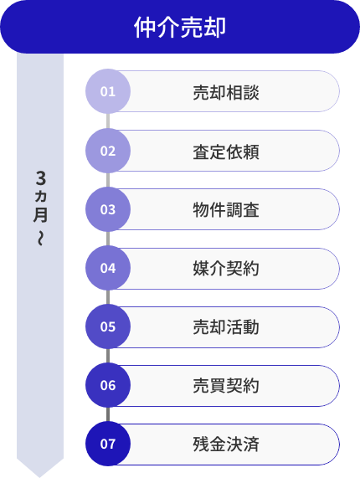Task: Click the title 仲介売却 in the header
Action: [180, 28]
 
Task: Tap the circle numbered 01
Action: [108, 92]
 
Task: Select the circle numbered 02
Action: [108, 151]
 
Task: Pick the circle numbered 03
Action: [108, 209]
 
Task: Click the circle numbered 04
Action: [108, 268]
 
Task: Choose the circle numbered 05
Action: [108, 326]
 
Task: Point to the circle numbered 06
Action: [108, 385]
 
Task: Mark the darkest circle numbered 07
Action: [108, 444]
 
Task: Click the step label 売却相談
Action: [225, 92]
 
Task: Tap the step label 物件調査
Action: [225, 209]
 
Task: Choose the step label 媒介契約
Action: [225, 268]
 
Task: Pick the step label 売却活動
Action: [225, 326]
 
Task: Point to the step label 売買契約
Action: [225, 385]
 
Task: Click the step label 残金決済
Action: [225, 444]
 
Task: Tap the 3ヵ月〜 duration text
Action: [40, 208]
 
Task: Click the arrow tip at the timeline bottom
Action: [40, 470]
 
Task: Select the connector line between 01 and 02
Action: [108, 121]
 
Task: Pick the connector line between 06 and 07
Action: [108, 414]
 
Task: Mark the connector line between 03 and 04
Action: [108, 239]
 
